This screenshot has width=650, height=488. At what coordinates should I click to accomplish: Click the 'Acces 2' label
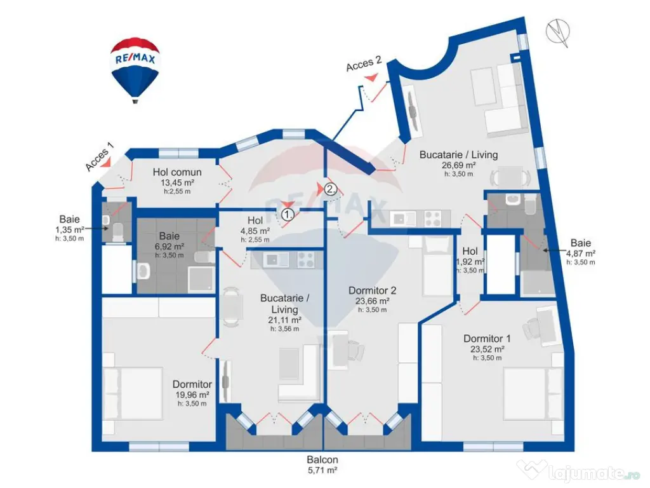(x=364, y=64)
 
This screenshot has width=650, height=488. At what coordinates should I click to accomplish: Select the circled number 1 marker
(x=288, y=215)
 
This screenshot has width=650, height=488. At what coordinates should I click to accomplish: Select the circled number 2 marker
(x=330, y=188)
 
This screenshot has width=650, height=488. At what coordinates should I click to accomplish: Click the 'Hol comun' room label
(x=177, y=172)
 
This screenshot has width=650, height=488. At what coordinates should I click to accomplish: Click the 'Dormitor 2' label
(x=372, y=290)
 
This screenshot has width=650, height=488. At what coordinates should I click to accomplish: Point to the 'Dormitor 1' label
(x=487, y=339)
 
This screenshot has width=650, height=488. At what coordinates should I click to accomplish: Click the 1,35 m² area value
(x=69, y=229)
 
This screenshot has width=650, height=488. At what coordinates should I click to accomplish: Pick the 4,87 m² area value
(x=580, y=253)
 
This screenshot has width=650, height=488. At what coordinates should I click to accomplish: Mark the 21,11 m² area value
(x=285, y=320)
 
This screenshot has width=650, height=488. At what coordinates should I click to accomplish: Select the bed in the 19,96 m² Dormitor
(x=133, y=394)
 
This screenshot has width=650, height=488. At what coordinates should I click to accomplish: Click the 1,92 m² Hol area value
(x=470, y=261)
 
